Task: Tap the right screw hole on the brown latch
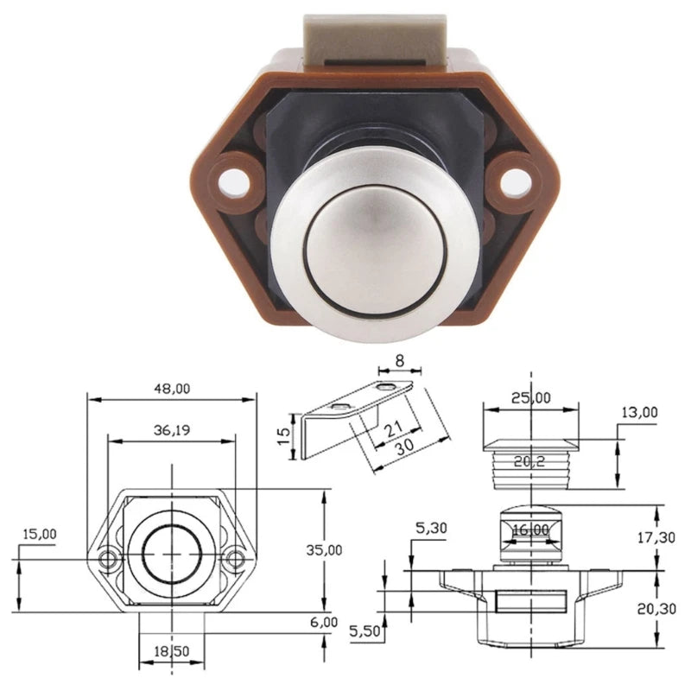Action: (x=516, y=180)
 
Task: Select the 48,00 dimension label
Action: (x=171, y=389)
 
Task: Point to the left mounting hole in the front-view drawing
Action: (x=108, y=559)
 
